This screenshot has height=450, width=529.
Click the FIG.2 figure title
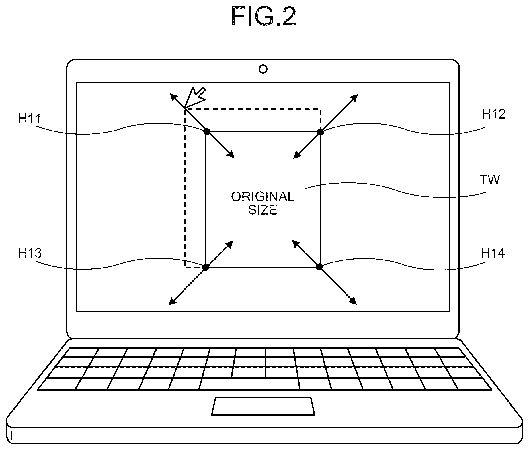tap(263, 17)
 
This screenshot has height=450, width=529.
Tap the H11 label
tap(30, 118)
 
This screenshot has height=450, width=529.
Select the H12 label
tap(493, 114)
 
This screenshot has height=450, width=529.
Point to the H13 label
tap(30, 253)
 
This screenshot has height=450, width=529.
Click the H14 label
tap(493, 253)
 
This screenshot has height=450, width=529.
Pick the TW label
tap(489, 180)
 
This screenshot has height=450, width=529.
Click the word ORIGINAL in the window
tap(263, 197)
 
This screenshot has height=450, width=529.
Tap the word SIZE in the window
tap(263, 210)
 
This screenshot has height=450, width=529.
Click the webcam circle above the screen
tap(263, 69)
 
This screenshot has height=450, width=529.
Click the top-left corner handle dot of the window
tap(207, 131)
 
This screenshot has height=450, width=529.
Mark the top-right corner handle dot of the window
tap(321, 132)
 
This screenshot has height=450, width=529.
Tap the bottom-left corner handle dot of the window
tap(206, 267)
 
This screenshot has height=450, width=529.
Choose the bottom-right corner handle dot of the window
tap(319, 267)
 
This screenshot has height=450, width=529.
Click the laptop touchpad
tap(263, 406)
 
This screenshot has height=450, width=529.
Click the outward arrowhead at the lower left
tap(173, 302)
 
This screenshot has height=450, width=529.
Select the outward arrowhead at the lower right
tap(353, 301)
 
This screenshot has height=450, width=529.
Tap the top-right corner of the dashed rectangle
tap(321, 109)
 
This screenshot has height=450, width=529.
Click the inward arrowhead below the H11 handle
tap(231, 154)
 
